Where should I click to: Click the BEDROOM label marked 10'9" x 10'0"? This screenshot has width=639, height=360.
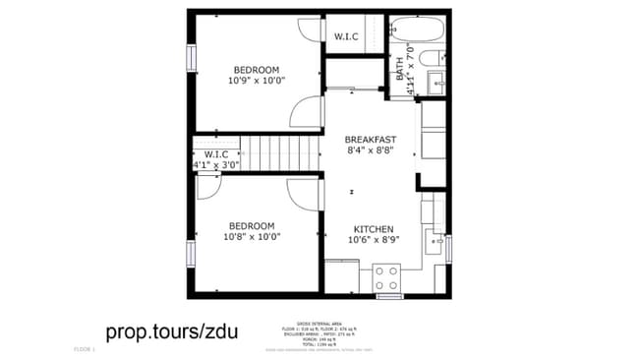256,69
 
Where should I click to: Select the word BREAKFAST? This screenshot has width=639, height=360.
370,140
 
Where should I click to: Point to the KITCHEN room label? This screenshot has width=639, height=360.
373,226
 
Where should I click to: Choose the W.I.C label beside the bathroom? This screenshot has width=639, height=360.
346,37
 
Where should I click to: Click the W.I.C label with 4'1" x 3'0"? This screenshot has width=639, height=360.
216,154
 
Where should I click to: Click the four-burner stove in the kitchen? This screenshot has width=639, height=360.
385,276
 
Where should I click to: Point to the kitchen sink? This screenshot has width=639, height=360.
433,241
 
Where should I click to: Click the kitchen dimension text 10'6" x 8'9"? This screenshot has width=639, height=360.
373,239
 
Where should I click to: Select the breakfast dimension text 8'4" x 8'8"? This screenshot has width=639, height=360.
370,151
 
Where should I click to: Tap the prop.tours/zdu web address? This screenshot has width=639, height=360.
171,331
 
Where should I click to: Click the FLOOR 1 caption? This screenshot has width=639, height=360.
85,349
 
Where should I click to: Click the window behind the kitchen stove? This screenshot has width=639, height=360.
390,295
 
